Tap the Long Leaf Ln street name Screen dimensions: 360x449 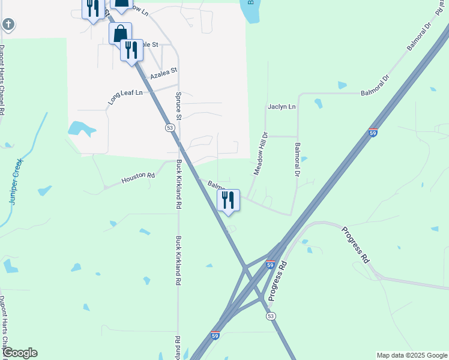126,97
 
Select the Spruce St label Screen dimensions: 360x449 178,106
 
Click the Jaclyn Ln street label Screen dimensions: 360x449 282,107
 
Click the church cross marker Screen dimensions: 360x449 8,25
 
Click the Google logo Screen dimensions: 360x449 20,353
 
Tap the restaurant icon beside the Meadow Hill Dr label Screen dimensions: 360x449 228,200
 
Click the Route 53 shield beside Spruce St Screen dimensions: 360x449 170,128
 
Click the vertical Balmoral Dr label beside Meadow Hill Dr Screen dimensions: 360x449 297,159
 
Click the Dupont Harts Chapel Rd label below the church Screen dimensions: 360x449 2,80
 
